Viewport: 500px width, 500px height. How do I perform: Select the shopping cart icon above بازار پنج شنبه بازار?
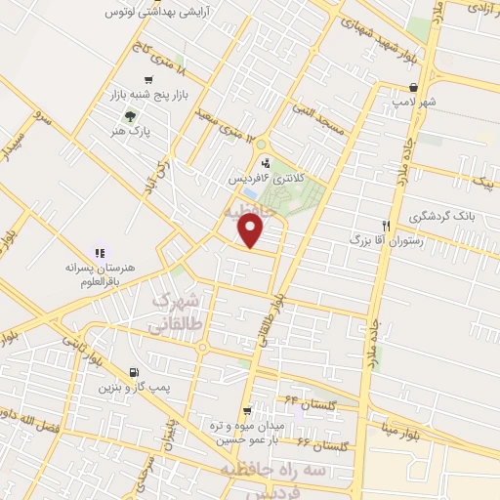147,80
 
